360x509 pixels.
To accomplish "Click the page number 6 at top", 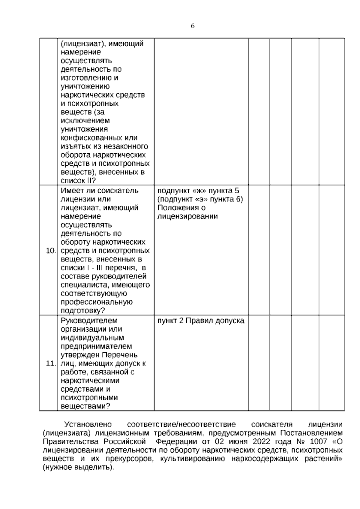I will point(193,26).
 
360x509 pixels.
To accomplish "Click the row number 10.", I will point(51,251).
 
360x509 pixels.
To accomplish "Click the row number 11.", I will point(51,364).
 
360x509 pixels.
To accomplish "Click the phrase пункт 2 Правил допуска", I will point(201,321).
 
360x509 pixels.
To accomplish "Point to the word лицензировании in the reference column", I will point(187,216).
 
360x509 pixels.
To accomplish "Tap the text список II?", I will point(78,181).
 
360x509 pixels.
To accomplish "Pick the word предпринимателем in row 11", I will point(96,346).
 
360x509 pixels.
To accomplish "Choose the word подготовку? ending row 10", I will point(84,311).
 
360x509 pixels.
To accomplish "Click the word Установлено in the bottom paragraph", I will point(88,425).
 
